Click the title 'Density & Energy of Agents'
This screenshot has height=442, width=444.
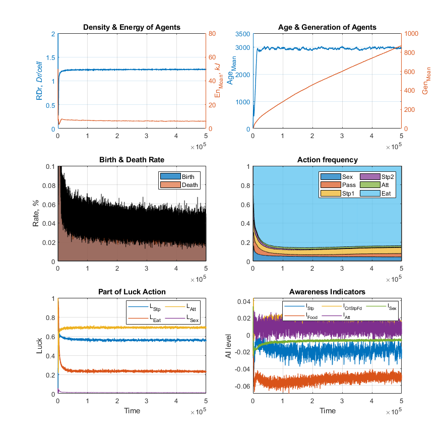tap(132, 27)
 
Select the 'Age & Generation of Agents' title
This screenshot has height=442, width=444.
tap(327, 27)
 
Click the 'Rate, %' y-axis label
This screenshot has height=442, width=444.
tap(36, 214)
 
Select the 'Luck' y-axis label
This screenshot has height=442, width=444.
tap(40, 347)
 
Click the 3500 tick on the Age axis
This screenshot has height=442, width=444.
tap(242, 34)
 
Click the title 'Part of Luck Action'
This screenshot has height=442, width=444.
tap(132, 292)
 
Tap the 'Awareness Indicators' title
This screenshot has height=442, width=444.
tap(327, 292)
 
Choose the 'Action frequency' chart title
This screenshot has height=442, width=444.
tap(327, 160)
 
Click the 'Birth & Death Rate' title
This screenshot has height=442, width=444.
tap(132, 160)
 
